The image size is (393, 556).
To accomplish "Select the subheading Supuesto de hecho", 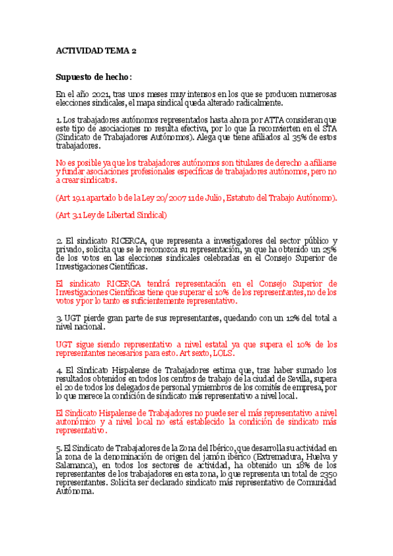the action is (94, 77).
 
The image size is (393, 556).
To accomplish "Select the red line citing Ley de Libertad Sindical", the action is (112, 214).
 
